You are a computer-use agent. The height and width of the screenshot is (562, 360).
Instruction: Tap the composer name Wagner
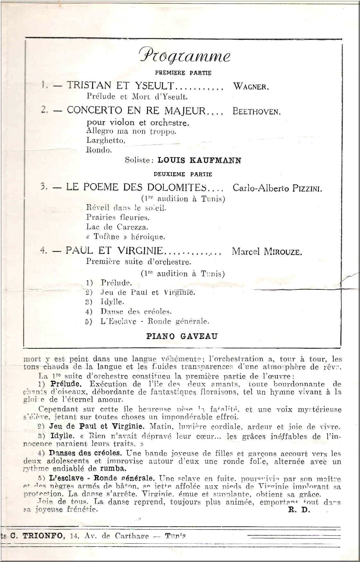click(x=251, y=86)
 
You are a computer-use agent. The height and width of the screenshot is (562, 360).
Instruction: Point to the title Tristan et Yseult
click(x=120, y=85)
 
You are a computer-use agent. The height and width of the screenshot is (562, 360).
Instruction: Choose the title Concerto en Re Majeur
click(x=136, y=111)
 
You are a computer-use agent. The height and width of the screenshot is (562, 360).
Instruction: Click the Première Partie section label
click(x=183, y=73)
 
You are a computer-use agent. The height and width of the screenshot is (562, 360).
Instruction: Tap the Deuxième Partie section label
click(x=183, y=175)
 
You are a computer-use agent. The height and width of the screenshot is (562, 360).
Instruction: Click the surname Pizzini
click(x=306, y=188)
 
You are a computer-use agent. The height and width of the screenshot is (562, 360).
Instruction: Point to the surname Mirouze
click(x=282, y=252)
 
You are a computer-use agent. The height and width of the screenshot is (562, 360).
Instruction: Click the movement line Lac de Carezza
click(x=117, y=227)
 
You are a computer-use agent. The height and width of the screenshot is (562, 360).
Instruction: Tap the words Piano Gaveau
click(x=182, y=336)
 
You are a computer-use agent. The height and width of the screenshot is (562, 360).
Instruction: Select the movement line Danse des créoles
click(x=136, y=311)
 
